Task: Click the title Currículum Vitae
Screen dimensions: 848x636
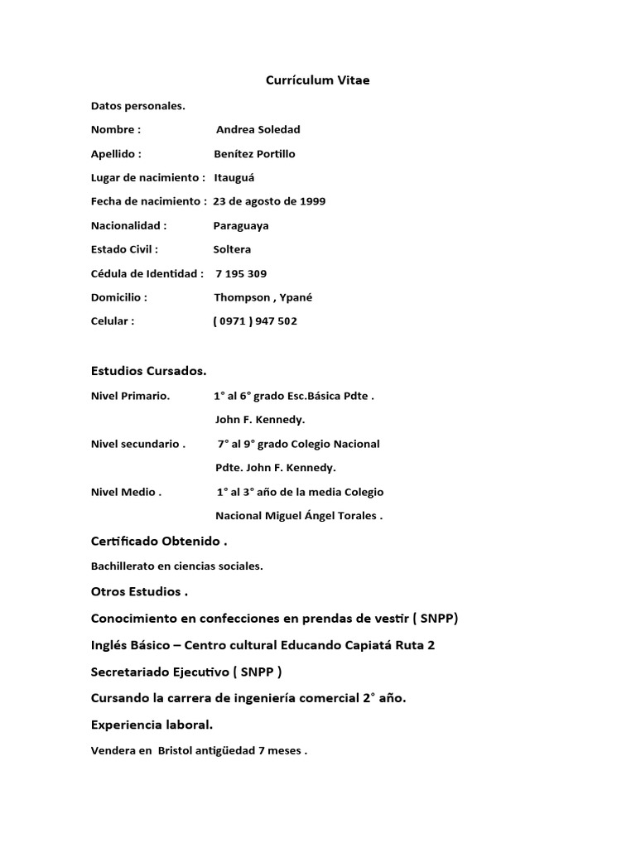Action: point(318,80)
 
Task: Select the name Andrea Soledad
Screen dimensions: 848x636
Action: point(258,130)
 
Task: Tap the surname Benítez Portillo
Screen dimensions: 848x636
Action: point(254,154)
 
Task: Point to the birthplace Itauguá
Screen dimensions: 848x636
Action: point(235,178)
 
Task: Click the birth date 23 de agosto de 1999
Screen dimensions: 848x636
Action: point(269,201)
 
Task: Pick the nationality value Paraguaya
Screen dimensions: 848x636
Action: point(241,225)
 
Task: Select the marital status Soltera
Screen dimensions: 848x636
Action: point(232,249)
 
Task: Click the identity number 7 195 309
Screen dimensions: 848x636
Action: point(241,273)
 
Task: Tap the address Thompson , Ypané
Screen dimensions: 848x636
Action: point(252,297)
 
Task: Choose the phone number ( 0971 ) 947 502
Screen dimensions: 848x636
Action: point(255,321)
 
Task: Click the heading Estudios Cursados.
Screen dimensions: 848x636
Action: point(148,370)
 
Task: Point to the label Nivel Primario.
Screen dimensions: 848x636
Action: point(130,396)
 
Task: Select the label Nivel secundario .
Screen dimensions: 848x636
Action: point(137,444)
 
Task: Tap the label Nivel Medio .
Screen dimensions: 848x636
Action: point(126,492)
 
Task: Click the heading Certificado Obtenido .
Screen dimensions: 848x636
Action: point(158,541)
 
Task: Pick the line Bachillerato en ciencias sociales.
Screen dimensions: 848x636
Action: point(176,566)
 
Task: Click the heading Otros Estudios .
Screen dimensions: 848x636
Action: point(139,592)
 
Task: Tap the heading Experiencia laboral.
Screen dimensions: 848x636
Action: point(152,725)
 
